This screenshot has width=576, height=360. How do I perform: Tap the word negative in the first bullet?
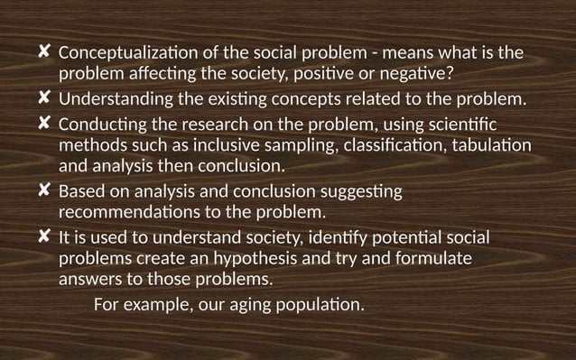click(x=427, y=74)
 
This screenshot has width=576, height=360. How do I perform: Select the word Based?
click(x=80, y=191)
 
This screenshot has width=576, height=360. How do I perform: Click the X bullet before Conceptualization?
click(x=44, y=53)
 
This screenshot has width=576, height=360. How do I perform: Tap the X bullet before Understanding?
click(x=44, y=98)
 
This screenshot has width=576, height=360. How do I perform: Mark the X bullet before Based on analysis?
click(x=44, y=191)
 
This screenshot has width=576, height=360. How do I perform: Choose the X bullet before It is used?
click(x=44, y=237)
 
